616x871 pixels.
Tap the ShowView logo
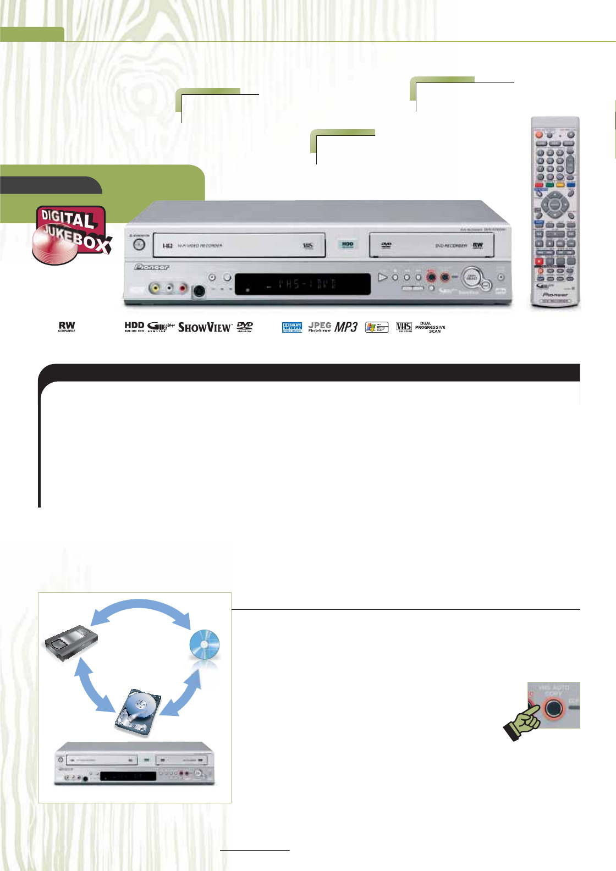tap(205, 327)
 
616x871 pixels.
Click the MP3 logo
tap(346, 327)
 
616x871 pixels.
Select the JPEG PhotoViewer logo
tap(320, 327)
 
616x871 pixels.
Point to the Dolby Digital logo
tap(292, 327)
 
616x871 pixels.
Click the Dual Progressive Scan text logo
tap(430, 327)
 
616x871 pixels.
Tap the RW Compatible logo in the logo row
tap(67, 327)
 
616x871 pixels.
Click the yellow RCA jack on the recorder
tap(156, 288)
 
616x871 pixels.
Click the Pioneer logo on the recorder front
tap(152, 267)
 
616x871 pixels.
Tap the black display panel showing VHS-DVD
tap(302, 284)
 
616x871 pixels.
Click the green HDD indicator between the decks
tap(348, 244)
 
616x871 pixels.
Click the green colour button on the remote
tap(549, 185)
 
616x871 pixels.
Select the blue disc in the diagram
tap(205, 644)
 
